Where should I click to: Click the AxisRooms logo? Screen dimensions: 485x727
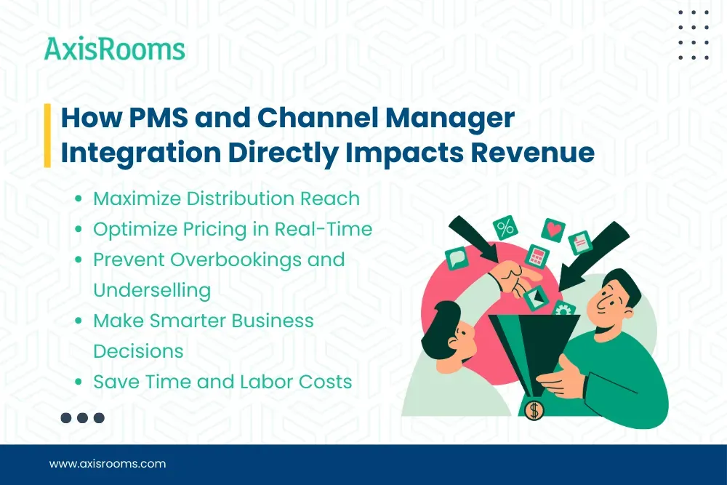point(115,49)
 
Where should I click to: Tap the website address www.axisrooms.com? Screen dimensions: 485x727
point(108,463)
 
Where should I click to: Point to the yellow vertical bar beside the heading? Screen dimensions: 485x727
point(47,135)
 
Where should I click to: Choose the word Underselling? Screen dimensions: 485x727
point(151,290)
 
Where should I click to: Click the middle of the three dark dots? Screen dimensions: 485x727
point(83,417)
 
